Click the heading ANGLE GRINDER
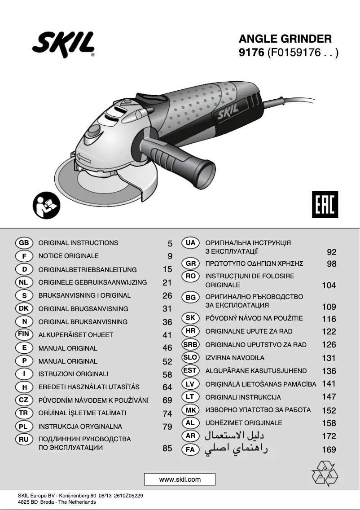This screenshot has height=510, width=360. [x=285, y=38]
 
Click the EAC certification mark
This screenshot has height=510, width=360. [x=325, y=204]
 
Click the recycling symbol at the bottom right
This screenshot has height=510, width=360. [x=325, y=473]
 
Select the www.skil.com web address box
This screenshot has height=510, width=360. [x=180, y=479]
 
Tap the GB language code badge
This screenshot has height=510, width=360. [x=24, y=243]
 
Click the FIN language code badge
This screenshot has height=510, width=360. [x=24, y=334]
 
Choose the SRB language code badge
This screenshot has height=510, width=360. [x=190, y=344]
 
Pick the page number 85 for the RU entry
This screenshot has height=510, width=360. [x=167, y=448]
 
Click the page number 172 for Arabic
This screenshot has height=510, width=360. [x=329, y=436]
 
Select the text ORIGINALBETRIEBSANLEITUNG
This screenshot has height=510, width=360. [x=88, y=270]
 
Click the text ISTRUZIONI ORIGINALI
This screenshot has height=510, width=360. [x=73, y=374]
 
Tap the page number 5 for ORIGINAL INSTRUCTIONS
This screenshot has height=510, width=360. [x=170, y=244]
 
